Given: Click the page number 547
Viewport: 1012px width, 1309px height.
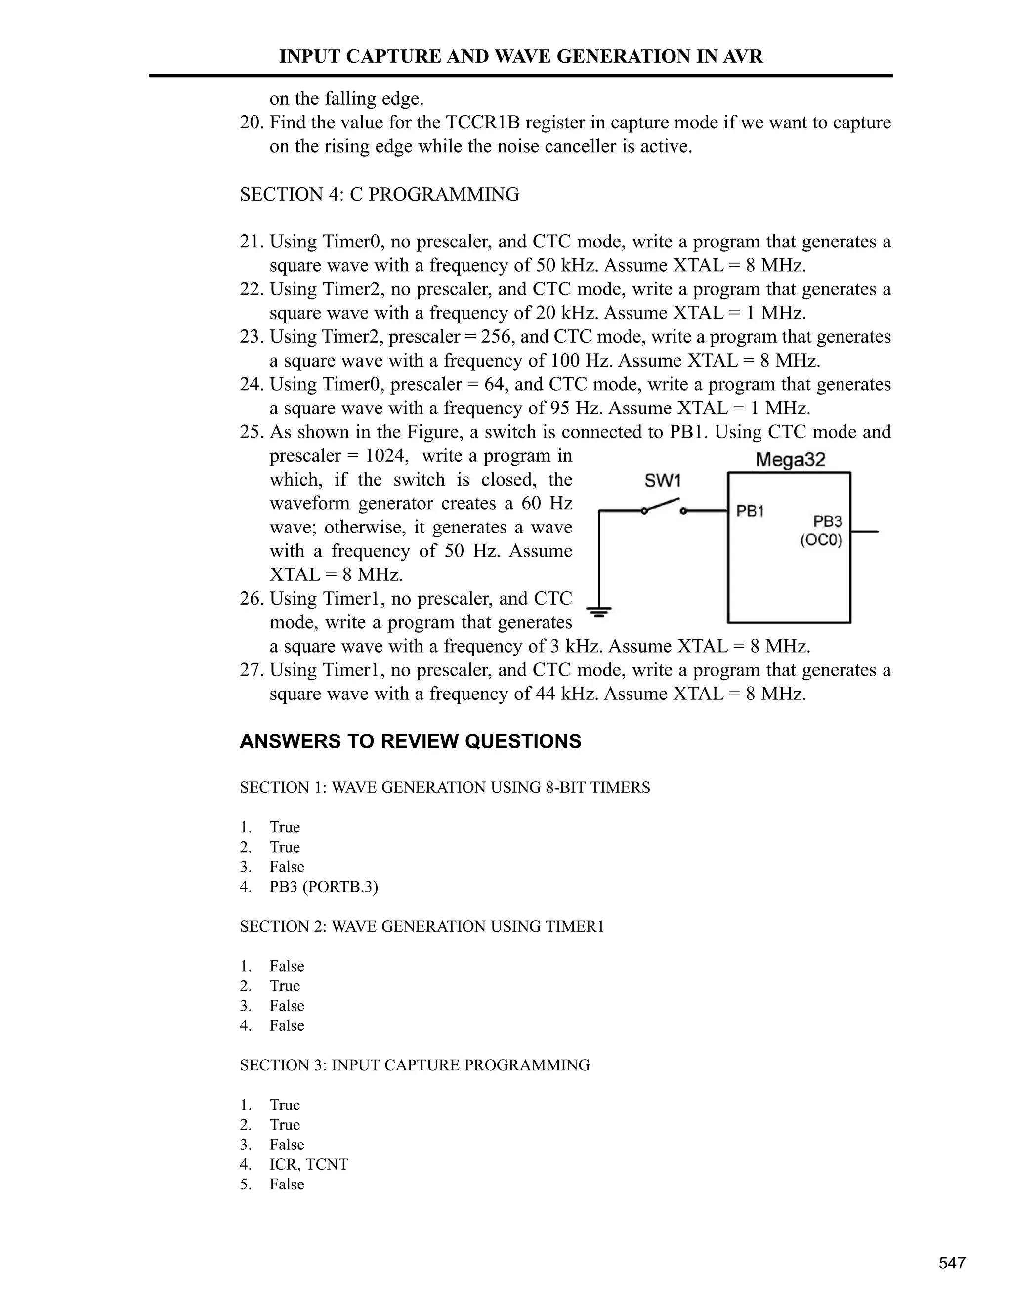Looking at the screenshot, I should click(952, 1263).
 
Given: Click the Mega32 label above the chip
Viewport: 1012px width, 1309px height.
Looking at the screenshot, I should click(790, 460).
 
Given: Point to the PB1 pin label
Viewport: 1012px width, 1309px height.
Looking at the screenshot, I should click(750, 511).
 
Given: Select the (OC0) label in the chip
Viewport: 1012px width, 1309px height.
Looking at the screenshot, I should click(821, 540).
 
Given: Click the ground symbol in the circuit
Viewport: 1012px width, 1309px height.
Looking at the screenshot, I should click(599, 612).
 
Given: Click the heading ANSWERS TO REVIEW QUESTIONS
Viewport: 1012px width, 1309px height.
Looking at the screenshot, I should click(410, 741).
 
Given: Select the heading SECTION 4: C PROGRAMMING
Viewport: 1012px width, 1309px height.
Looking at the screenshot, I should click(379, 194).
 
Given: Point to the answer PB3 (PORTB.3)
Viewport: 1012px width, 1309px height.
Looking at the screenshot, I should click(324, 887).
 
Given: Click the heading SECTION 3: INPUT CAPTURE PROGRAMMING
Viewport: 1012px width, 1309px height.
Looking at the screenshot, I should click(415, 1065).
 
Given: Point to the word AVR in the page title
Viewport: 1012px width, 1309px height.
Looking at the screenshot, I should click(743, 56).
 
